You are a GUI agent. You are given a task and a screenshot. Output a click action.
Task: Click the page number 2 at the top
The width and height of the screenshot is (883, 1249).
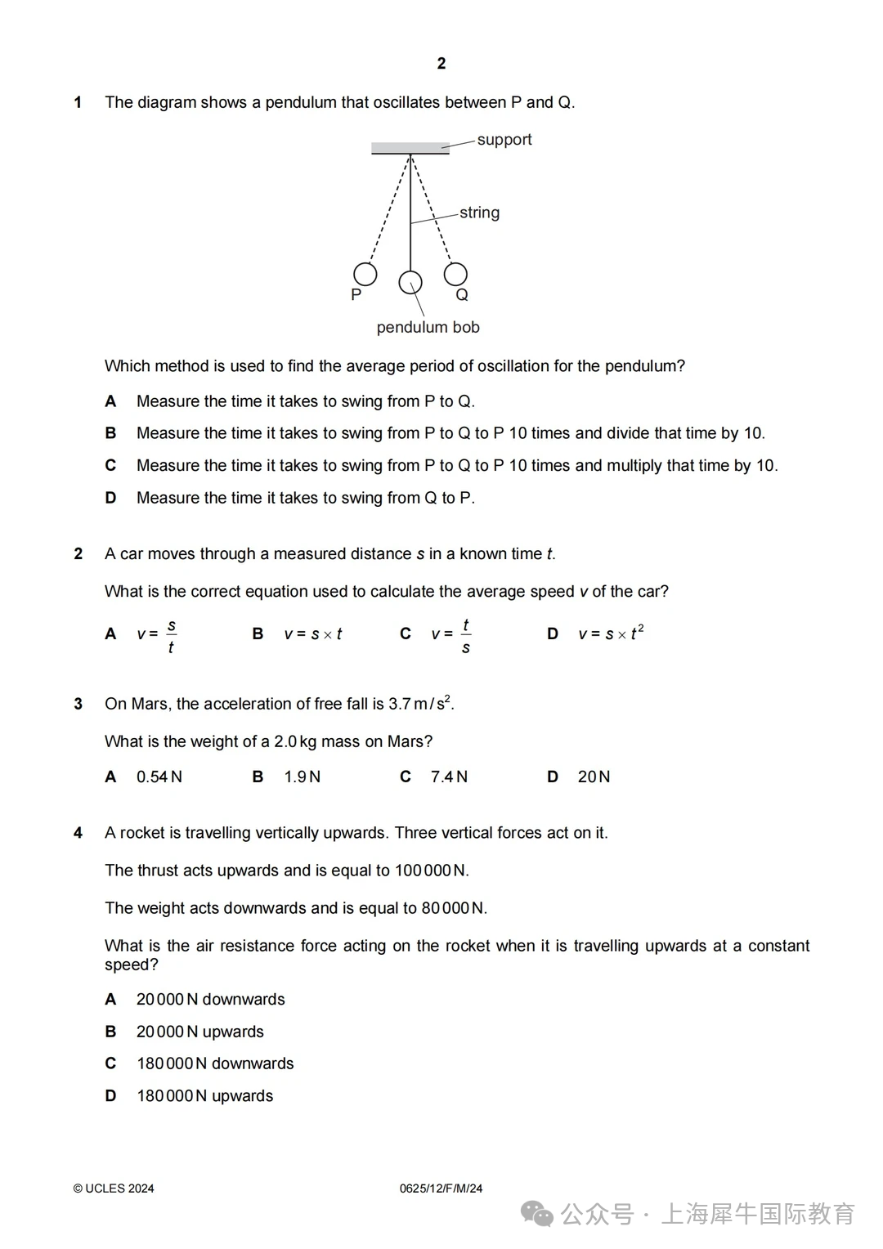point(441,64)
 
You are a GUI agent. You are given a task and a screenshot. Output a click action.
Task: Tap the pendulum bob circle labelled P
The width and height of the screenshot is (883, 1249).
point(365,274)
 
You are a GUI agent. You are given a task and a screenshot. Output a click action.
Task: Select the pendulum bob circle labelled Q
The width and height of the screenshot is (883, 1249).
point(455,274)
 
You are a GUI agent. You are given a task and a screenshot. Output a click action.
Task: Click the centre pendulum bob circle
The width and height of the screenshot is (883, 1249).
point(410,283)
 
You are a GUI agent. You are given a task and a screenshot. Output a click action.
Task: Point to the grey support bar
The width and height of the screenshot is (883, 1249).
point(410,149)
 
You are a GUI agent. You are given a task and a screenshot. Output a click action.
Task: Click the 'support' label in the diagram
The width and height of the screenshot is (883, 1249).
point(504,140)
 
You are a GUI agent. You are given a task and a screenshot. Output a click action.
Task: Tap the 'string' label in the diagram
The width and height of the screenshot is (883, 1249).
point(479,213)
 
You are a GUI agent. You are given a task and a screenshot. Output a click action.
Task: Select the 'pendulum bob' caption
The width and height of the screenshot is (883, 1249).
point(428,327)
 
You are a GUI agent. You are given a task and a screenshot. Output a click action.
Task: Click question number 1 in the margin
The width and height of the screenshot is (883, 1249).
point(78,103)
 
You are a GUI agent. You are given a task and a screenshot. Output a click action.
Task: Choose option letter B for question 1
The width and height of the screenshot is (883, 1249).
point(110,433)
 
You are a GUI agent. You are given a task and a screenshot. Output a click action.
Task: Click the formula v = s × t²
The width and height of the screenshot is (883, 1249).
point(611,633)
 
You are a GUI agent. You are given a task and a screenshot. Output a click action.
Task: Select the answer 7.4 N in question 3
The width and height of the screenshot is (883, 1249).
point(449,777)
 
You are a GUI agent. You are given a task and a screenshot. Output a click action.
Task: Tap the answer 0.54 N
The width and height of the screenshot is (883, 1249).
point(159,777)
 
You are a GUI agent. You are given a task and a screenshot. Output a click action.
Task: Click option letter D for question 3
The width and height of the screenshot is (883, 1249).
point(553,777)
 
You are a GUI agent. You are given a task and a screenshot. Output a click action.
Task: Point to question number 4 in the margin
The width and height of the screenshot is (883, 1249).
point(78,833)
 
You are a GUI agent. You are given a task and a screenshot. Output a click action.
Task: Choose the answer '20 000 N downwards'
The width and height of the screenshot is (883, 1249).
point(211,999)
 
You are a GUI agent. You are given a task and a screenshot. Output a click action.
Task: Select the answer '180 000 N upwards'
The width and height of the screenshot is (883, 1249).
point(205,1095)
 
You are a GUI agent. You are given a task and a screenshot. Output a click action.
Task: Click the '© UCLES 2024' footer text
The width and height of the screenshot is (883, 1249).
point(114,1189)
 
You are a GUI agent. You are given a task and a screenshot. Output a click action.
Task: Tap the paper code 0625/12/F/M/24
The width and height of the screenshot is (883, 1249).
point(441,1189)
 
